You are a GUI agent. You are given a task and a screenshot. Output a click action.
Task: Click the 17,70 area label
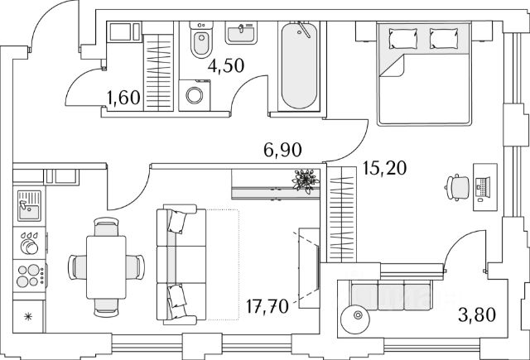tap(267, 307)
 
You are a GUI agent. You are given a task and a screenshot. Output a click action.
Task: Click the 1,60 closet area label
tap(123, 100)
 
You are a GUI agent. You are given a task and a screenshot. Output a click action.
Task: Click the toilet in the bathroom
tap(200, 43)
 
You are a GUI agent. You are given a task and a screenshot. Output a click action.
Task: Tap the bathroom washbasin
tap(241, 34)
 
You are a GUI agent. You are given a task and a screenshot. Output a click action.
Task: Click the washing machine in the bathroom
tap(195, 94)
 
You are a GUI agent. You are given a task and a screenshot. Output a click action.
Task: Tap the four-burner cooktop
tap(29, 276)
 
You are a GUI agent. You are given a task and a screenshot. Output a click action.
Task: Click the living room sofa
tap(178, 265)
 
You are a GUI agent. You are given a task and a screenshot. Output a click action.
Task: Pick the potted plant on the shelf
tap(305, 180)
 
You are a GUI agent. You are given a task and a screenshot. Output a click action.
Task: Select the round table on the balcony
tap(356, 315)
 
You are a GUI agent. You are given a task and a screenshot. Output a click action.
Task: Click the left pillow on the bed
tap(402, 37)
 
